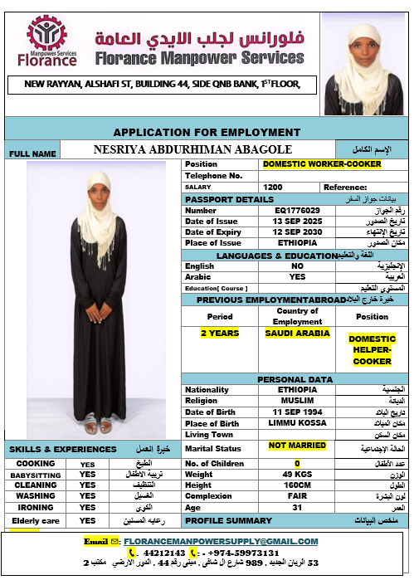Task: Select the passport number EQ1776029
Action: (297, 210)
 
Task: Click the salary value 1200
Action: (273, 188)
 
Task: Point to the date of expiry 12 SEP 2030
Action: (297, 232)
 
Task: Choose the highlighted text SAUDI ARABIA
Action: (297, 333)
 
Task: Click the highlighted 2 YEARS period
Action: (220, 333)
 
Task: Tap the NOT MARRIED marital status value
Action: (297, 446)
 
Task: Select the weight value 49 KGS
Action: (297, 474)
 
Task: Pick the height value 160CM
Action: (297, 485)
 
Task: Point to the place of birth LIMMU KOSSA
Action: (297, 423)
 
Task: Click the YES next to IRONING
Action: (88, 506)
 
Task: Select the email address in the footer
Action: (224, 541)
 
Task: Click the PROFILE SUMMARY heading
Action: (227, 520)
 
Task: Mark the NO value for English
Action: (297, 266)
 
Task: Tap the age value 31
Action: (297, 507)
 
